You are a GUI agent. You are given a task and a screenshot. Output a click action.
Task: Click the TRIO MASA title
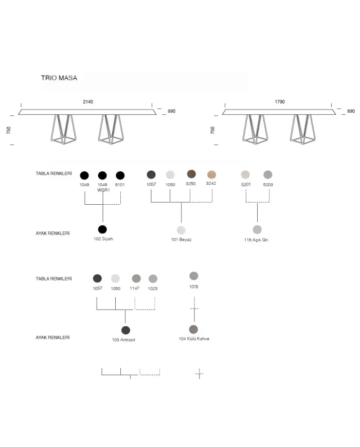click(x=59, y=78)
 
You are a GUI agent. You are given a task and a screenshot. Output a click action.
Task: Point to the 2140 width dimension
click(x=88, y=102)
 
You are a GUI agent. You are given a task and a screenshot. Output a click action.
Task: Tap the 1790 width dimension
click(x=280, y=102)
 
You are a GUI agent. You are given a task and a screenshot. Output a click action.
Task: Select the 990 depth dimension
click(x=171, y=111)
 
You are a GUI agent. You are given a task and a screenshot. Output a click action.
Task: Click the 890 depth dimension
click(x=351, y=111)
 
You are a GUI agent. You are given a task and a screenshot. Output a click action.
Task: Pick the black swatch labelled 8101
click(x=120, y=175)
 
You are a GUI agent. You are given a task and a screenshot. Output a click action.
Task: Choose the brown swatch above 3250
click(x=191, y=174)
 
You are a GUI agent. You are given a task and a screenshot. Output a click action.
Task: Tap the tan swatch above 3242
click(x=211, y=174)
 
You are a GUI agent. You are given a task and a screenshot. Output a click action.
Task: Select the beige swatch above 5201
click(x=245, y=174)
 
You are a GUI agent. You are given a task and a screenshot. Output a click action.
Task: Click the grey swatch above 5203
click(x=267, y=174)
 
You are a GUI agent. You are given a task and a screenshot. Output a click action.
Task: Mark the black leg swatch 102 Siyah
click(x=102, y=229)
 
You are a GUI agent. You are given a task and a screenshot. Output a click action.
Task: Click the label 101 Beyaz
click(x=181, y=240)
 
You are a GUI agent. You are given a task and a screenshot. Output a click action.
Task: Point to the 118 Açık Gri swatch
click(x=257, y=229)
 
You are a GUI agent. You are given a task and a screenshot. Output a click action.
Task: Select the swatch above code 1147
click(x=136, y=278)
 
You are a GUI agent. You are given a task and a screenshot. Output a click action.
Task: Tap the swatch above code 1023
click(x=153, y=278)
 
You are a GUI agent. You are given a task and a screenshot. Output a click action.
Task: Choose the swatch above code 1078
click(x=194, y=276)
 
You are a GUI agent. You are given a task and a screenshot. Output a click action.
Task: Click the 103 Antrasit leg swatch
click(x=125, y=330)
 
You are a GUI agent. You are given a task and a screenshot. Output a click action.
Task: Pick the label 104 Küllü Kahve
click(x=194, y=338)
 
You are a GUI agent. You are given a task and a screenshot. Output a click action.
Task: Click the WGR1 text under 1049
click(x=103, y=190)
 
